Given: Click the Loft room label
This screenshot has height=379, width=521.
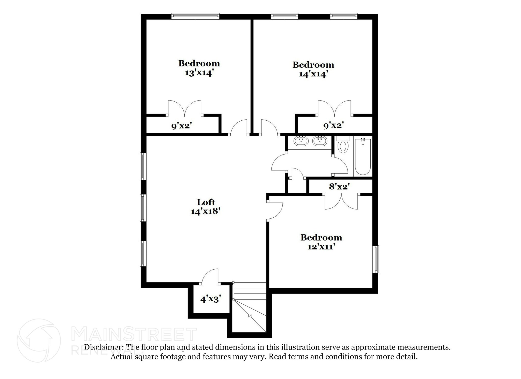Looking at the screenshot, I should point(206,202).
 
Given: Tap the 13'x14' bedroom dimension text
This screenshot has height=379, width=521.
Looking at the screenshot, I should point(199,73).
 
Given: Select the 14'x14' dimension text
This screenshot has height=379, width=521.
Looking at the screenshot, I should point(313,74).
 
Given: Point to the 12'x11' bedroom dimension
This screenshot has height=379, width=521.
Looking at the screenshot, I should point(321,247).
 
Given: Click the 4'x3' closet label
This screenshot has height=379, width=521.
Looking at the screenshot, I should point(211,299).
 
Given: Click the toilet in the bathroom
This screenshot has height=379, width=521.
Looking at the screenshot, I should point(343,146).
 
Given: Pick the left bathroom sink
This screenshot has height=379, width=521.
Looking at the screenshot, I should point(301,141).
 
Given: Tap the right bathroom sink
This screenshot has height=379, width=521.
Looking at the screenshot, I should point(320,141).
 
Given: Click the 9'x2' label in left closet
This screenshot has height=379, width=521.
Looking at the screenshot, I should point(181,126).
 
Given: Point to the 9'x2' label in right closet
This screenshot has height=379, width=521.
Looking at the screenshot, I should point(334,125).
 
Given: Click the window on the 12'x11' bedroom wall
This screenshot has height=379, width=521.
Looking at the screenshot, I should point(376,259).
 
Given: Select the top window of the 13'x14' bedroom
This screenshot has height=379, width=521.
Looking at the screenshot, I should point(195,17).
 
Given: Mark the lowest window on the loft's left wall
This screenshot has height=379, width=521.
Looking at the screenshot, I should point(143,254).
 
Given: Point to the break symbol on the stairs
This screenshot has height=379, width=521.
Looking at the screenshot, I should point(251,316).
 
